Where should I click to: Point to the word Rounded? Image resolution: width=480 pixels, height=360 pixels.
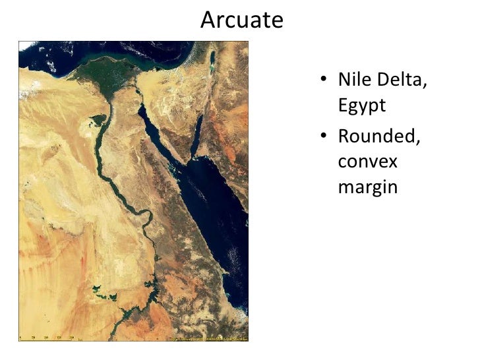pos(380,137)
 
